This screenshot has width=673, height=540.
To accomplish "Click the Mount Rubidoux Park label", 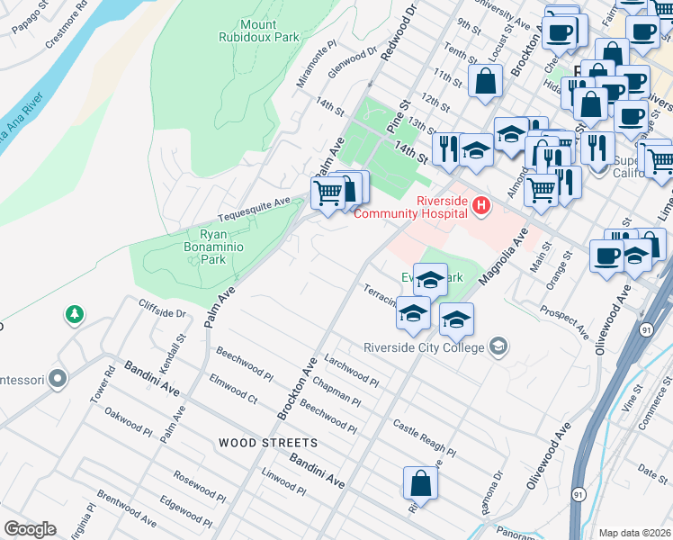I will click(x=258, y=30).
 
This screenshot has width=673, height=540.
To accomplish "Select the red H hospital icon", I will click(x=481, y=207).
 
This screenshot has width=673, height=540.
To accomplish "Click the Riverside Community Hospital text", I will click(x=442, y=206).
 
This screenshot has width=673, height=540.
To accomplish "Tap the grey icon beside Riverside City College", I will click(x=498, y=346).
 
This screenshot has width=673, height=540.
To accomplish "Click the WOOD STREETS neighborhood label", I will click(x=267, y=443).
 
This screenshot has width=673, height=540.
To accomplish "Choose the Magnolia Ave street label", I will click(x=502, y=256).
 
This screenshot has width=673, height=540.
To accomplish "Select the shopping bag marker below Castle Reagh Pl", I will click(x=420, y=484).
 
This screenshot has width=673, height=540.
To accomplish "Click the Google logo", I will click(x=30, y=529).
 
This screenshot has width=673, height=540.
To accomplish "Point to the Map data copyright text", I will click(x=634, y=533).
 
